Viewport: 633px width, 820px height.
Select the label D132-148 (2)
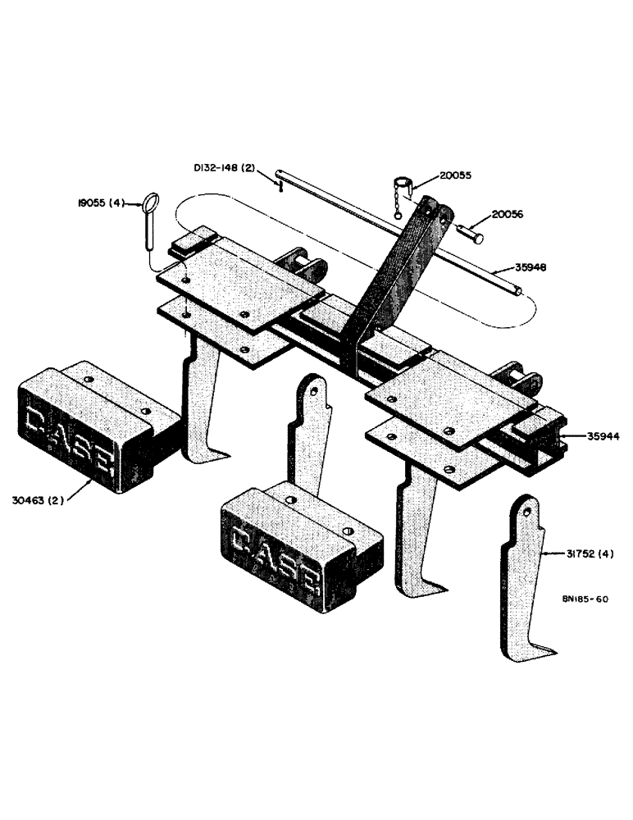(225, 168)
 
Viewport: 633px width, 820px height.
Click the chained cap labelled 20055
(402, 184)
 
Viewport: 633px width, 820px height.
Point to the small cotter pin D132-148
(280, 187)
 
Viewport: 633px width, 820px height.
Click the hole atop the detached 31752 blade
(524, 510)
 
